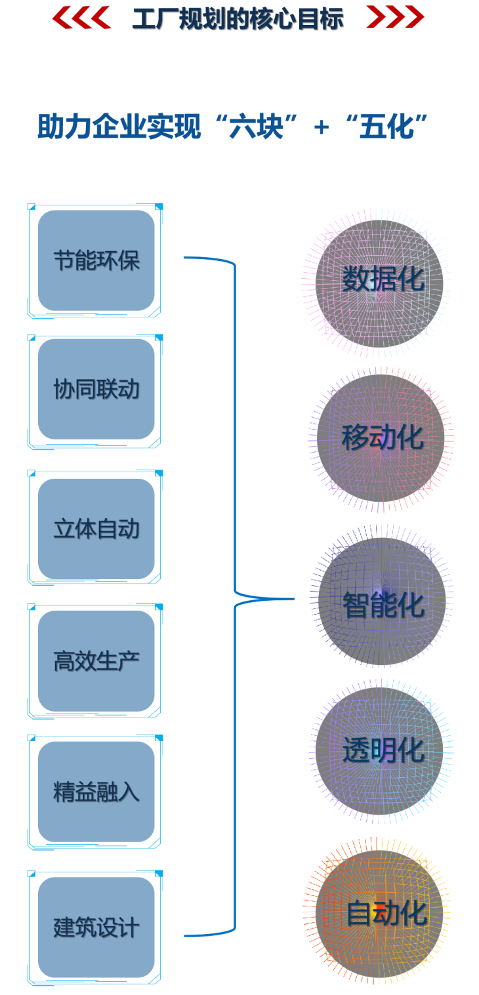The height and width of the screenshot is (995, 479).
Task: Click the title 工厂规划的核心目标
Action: coord(237,19)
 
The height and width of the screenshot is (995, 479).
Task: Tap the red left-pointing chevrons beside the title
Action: coord(81,18)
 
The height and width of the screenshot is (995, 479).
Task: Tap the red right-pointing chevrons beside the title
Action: coord(394,18)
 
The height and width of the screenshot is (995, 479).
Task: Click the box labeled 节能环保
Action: coord(96,260)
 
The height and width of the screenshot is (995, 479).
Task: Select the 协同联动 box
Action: coord(96,390)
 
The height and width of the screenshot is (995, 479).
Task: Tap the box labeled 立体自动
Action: coord(96,529)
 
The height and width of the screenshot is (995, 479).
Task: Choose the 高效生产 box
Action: coord(96,661)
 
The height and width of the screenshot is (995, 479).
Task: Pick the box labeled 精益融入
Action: coord(96,792)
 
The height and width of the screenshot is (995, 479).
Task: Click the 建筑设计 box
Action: coord(96,927)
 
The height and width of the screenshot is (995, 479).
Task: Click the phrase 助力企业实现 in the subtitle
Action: coord(119,127)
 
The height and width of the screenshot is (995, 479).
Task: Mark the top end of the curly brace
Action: coord(186,258)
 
